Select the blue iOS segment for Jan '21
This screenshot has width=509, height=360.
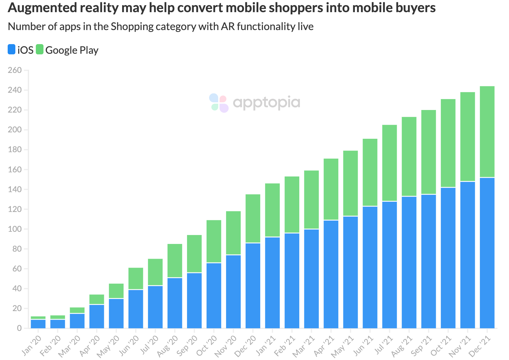click(x=272, y=283)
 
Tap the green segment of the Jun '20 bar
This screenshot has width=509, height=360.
click(x=136, y=278)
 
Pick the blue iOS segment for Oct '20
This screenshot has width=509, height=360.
click(x=214, y=295)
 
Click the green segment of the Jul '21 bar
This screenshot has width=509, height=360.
click(x=389, y=163)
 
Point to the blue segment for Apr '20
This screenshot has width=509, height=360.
click(x=97, y=316)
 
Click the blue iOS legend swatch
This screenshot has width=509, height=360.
click(x=12, y=50)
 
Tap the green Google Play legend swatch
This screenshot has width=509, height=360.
click(x=40, y=50)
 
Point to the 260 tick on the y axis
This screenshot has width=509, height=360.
click(x=15, y=70)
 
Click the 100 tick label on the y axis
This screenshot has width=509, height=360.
click(x=15, y=229)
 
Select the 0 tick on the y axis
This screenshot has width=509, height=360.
click(x=19, y=328)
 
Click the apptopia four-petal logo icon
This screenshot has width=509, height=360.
click(x=219, y=103)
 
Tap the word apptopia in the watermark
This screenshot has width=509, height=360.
click(x=267, y=103)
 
